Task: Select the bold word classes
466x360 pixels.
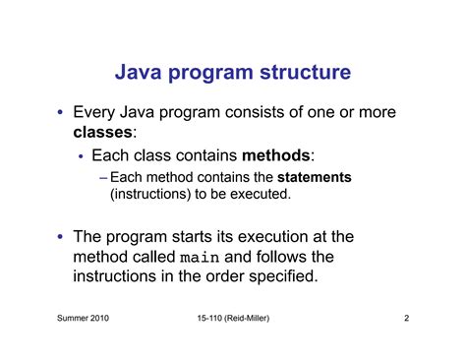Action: tap(103, 132)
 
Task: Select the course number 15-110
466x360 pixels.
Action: tap(212, 320)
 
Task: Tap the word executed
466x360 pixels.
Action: tap(259, 195)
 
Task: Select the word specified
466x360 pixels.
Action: tap(284, 277)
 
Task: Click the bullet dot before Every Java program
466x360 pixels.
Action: tap(61, 113)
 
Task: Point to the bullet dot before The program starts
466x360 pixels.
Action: tap(61, 238)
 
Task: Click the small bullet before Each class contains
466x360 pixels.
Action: tap(81, 155)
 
